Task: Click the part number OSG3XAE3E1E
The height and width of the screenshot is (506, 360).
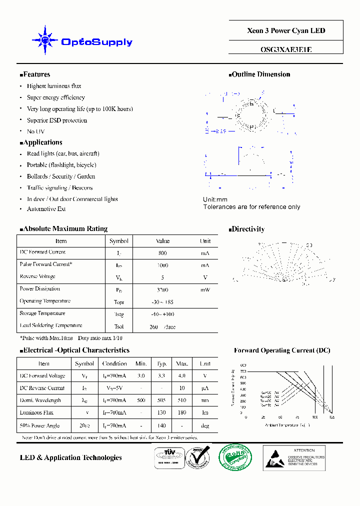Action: pyautogui.click(x=286, y=49)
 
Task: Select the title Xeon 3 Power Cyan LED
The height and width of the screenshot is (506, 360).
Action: pyautogui.click(x=286, y=30)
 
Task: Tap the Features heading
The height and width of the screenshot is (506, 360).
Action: pyautogui.click(x=36, y=74)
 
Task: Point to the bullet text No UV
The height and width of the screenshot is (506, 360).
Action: pyautogui.click(x=35, y=131)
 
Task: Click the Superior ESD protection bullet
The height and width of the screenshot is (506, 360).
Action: pyautogui.click(x=56, y=120)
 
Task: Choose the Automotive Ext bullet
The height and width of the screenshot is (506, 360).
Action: pyautogui.click(x=46, y=209)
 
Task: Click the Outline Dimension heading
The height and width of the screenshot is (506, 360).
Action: pyautogui.click(x=261, y=74)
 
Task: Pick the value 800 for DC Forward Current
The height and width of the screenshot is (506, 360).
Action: pyautogui.click(x=162, y=253)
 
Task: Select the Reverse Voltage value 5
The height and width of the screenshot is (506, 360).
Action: pyautogui.click(x=162, y=277)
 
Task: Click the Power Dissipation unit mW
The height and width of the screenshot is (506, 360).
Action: pyautogui.click(x=205, y=289)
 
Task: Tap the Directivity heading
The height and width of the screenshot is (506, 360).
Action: pyautogui.click(x=248, y=229)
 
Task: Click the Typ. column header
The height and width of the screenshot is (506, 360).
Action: pyautogui.click(x=162, y=363)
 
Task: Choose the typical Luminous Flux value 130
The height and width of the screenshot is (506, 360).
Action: pyautogui.click(x=162, y=412)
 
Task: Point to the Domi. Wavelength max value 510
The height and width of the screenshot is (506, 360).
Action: pyautogui.click(x=182, y=400)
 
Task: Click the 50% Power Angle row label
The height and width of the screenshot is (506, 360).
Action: pyautogui.click(x=39, y=425)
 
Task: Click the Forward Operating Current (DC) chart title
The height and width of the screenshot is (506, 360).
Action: pyautogui.click(x=282, y=350)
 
